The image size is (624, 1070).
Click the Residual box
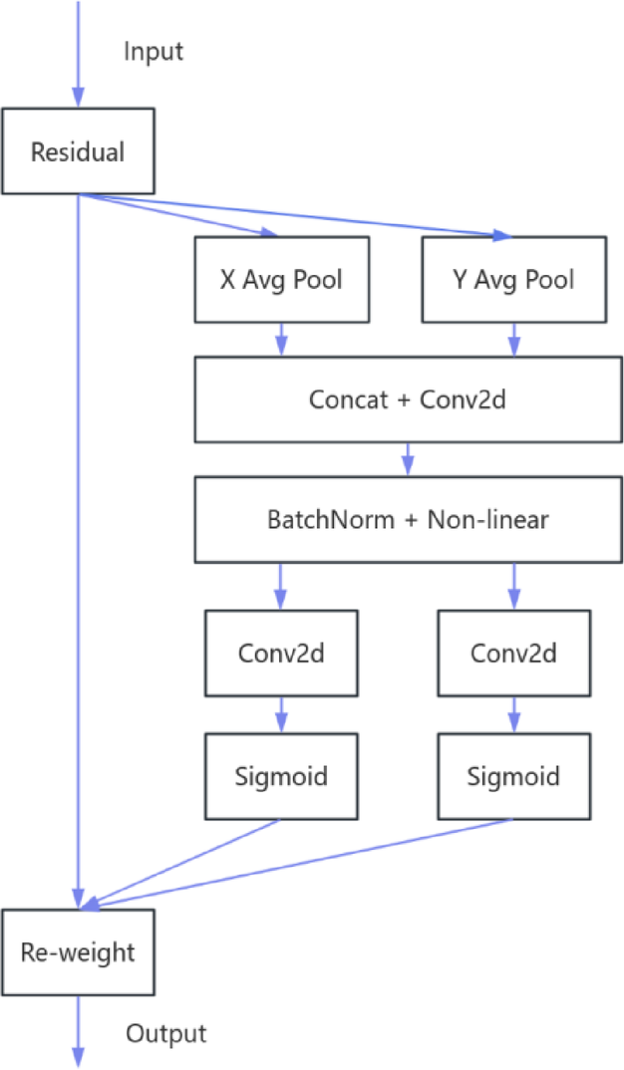click(x=78, y=152)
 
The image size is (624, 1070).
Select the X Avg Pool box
click(x=280, y=280)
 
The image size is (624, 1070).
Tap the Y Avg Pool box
click(x=513, y=280)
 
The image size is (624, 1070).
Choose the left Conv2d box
click(x=281, y=654)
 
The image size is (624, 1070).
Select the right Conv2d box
click(x=513, y=654)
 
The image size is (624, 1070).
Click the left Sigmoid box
click(x=281, y=775)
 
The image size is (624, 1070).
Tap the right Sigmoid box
click(x=513, y=775)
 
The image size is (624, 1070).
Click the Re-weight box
click(x=78, y=951)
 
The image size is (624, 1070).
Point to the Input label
click(x=154, y=52)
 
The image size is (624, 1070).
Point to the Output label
click(x=165, y=1033)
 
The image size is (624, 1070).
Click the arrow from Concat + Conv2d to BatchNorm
click(x=407, y=459)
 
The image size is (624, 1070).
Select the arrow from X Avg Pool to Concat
click(x=280, y=340)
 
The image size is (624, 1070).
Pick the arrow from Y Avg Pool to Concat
click(x=513, y=340)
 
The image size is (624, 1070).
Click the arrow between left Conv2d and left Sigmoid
click(x=281, y=714)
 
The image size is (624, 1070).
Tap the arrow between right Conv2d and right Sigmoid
click(x=513, y=714)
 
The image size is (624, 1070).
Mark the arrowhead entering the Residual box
click(x=78, y=98)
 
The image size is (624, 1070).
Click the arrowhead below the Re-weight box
click(x=78, y=1058)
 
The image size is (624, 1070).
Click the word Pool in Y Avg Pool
click(x=550, y=280)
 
